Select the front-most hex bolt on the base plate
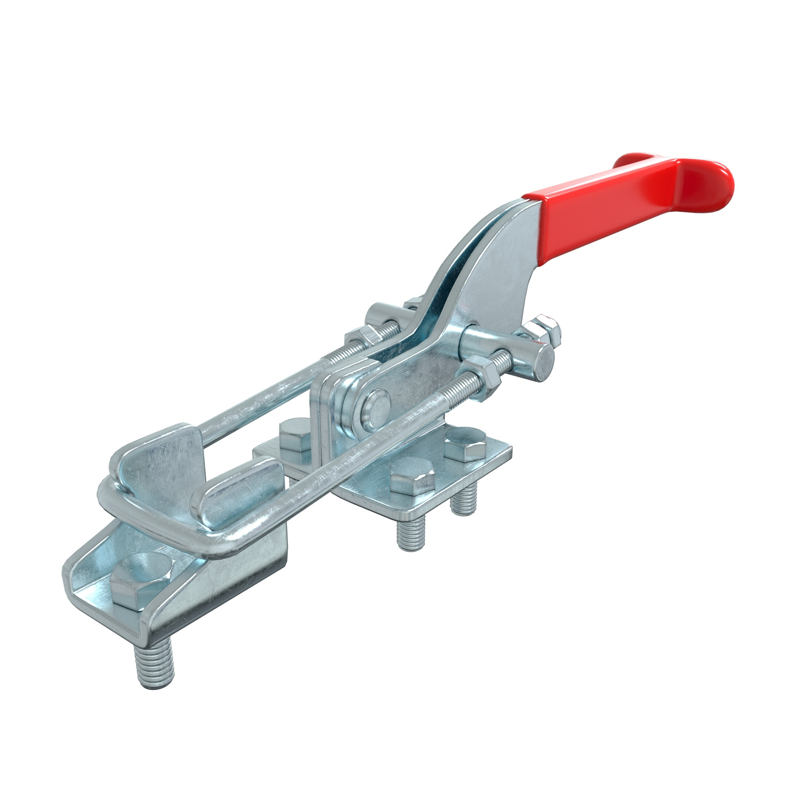413,481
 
